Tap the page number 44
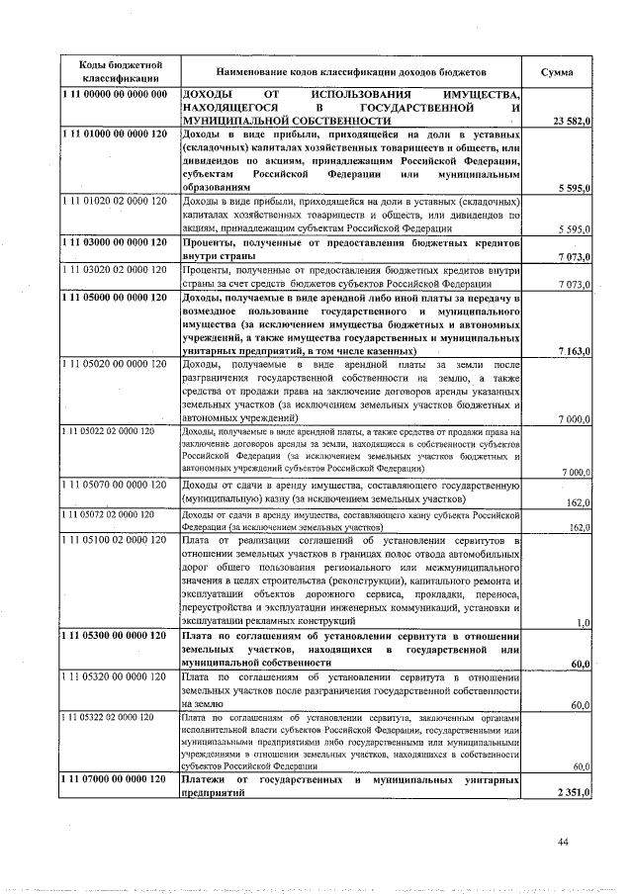563,842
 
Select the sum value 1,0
583,622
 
